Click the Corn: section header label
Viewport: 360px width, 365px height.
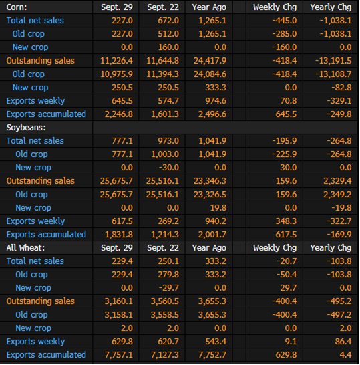click(x=17, y=7)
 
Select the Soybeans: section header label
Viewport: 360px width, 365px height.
click(x=26, y=128)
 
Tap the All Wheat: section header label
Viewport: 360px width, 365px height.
click(x=25, y=247)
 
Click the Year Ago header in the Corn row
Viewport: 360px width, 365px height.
click(x=209, y=7)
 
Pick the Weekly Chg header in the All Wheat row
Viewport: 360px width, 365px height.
click(x=275, y=248)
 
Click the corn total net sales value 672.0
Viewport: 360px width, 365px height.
click(x=168, y=21)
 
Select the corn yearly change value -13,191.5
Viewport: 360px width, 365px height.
click(x=333, y=61)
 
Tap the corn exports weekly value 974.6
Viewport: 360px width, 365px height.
click(x=216, y=101)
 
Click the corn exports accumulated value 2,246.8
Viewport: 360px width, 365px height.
click(x=119, y=114)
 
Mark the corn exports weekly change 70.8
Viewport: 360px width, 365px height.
click(x=289, y=101)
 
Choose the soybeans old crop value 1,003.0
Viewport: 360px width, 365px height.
click(x=165, y=154)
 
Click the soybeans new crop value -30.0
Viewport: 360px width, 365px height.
click(x=169, y=168)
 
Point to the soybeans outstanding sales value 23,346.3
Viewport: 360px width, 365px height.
click(x=210, y=181)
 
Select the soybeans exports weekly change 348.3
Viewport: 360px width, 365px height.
click(x=286, y=221)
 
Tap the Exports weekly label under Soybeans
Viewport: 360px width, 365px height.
click(x=35, y=221)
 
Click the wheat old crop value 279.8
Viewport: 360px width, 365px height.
click(x=168, y=275)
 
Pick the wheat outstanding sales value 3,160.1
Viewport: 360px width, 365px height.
click(x=119, y=301)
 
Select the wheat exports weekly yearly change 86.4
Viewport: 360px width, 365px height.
click(x=343, y=342)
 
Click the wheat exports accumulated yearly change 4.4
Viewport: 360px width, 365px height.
click(x=345, y=355)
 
